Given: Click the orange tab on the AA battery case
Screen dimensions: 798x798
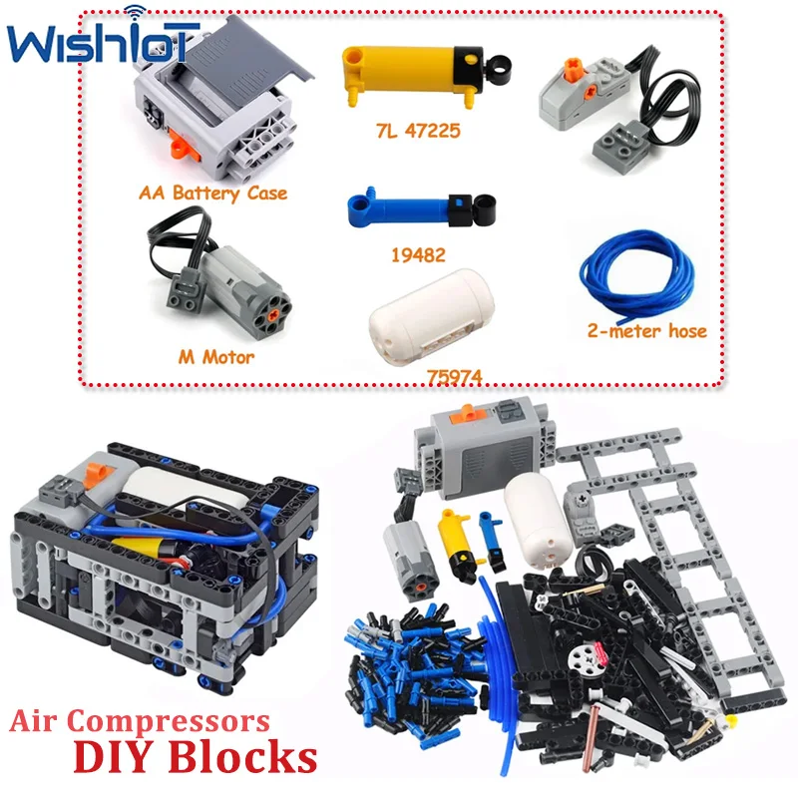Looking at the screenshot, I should (x=180, y=148).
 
